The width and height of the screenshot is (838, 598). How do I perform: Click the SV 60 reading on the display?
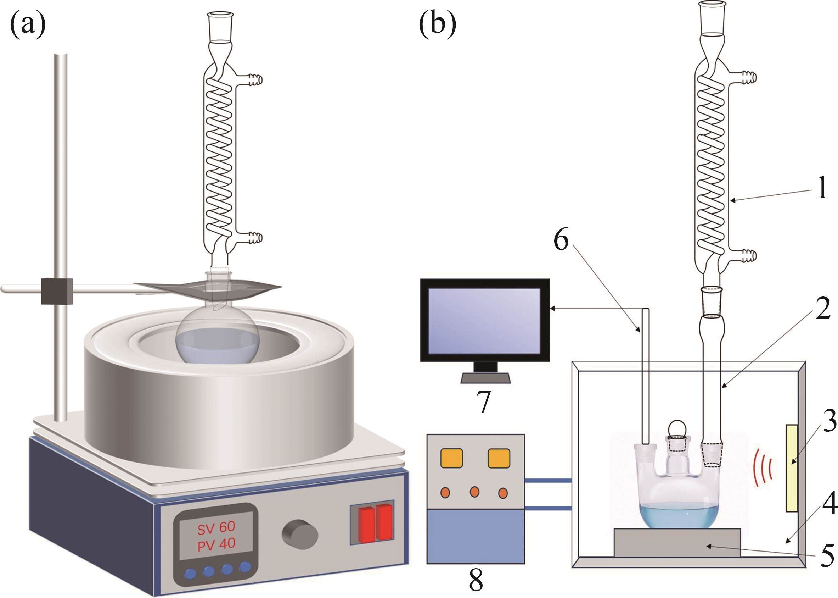coord(216,527)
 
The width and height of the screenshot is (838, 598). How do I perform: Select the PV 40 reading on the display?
coord(216,544)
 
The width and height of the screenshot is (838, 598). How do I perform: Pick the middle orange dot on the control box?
coord(474,492)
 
